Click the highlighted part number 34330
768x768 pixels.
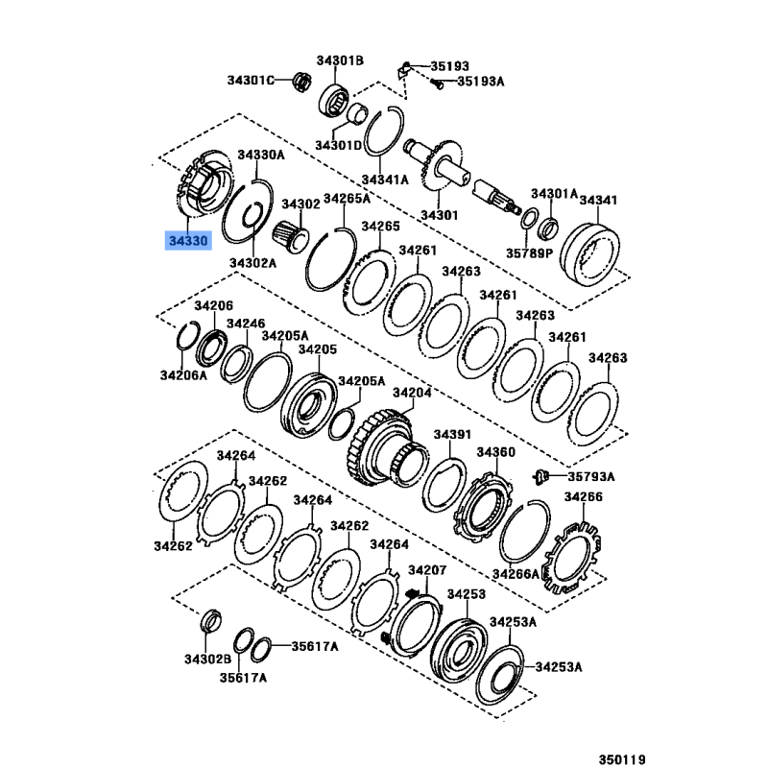[188, 241]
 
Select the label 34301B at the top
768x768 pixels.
[340, 60]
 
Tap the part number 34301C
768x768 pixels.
[251, 80]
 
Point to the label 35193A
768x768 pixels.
[481, 81]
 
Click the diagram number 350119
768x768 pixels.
[622, 758]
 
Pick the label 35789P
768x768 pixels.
[529, 253]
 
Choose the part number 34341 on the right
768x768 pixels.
[598, 200]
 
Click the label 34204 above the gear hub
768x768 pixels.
[412, 393]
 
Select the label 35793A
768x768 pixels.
[591, 476]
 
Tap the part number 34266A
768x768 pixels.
[516, 573]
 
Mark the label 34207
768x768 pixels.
[427, 570]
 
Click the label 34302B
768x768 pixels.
[207, 660]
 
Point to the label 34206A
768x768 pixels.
[183, 375]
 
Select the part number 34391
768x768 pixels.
[452, 435]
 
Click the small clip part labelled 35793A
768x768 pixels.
[540, 476]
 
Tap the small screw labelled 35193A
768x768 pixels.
[437, 84]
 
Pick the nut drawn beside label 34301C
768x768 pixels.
[302, 81]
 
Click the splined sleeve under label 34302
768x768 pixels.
[290, 237]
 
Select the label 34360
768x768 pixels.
[496, 452]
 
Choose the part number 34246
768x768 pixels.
[246, 324]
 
